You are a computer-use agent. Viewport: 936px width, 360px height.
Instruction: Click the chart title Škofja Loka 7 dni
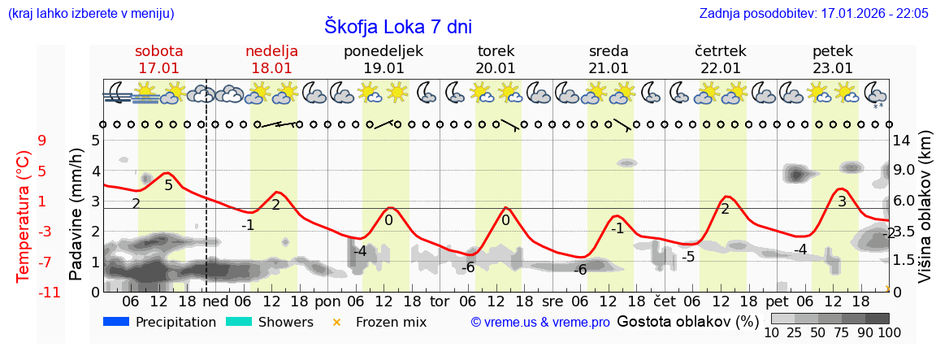tap(398, 26)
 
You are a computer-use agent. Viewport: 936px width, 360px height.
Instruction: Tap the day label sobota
tap(158, 51)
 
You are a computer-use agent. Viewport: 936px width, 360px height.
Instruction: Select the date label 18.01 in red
tap(271, 68)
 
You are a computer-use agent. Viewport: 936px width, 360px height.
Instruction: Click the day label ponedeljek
tap(383, 51)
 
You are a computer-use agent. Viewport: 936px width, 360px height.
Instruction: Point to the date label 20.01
tap(496, 68)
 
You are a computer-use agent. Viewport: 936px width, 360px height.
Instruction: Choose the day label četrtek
tap(721, 51)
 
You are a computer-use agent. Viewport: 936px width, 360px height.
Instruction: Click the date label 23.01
tap(833, 68)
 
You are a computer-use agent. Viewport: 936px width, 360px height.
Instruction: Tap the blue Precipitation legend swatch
tap(117, 322)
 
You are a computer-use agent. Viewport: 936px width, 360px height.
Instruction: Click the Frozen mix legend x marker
tap(336, 323)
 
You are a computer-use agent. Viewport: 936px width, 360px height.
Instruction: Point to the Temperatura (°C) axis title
tap(24, 215)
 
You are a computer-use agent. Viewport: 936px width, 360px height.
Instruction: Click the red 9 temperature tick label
tap(42, 141)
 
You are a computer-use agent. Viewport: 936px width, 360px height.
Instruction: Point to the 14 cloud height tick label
tap(902, 141)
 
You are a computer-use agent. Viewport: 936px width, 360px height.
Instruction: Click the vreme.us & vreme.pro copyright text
tap(540, 323)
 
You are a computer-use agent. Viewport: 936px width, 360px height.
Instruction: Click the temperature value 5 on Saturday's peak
tap(168, 185)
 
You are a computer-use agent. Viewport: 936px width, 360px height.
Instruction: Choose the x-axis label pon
tap(327, 301)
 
